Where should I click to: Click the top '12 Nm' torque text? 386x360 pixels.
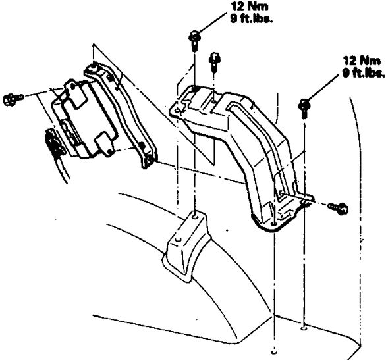[250, 6]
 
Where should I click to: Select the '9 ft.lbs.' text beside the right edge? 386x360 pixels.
[364, 73]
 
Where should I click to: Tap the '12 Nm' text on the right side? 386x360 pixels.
[362, 61]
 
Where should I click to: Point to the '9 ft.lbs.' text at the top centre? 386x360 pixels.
[252, 19]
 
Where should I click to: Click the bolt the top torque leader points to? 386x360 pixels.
[194, 41]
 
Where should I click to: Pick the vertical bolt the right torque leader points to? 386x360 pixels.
[304, 108]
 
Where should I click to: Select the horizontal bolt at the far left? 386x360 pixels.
[13, 99]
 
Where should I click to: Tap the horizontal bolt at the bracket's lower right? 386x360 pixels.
[338, 208]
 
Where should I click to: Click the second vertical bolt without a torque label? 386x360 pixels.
[215, 62]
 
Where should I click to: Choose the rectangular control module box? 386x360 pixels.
[84, 118]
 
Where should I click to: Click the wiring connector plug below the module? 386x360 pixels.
[55, 144]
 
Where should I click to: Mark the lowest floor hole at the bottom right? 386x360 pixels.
[274, 352]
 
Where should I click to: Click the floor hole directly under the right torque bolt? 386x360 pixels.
[304, 328]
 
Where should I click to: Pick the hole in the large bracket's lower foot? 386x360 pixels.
[273, 224]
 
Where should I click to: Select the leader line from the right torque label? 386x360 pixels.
[323, 88]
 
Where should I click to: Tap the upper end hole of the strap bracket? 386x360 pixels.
[93, 66]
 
